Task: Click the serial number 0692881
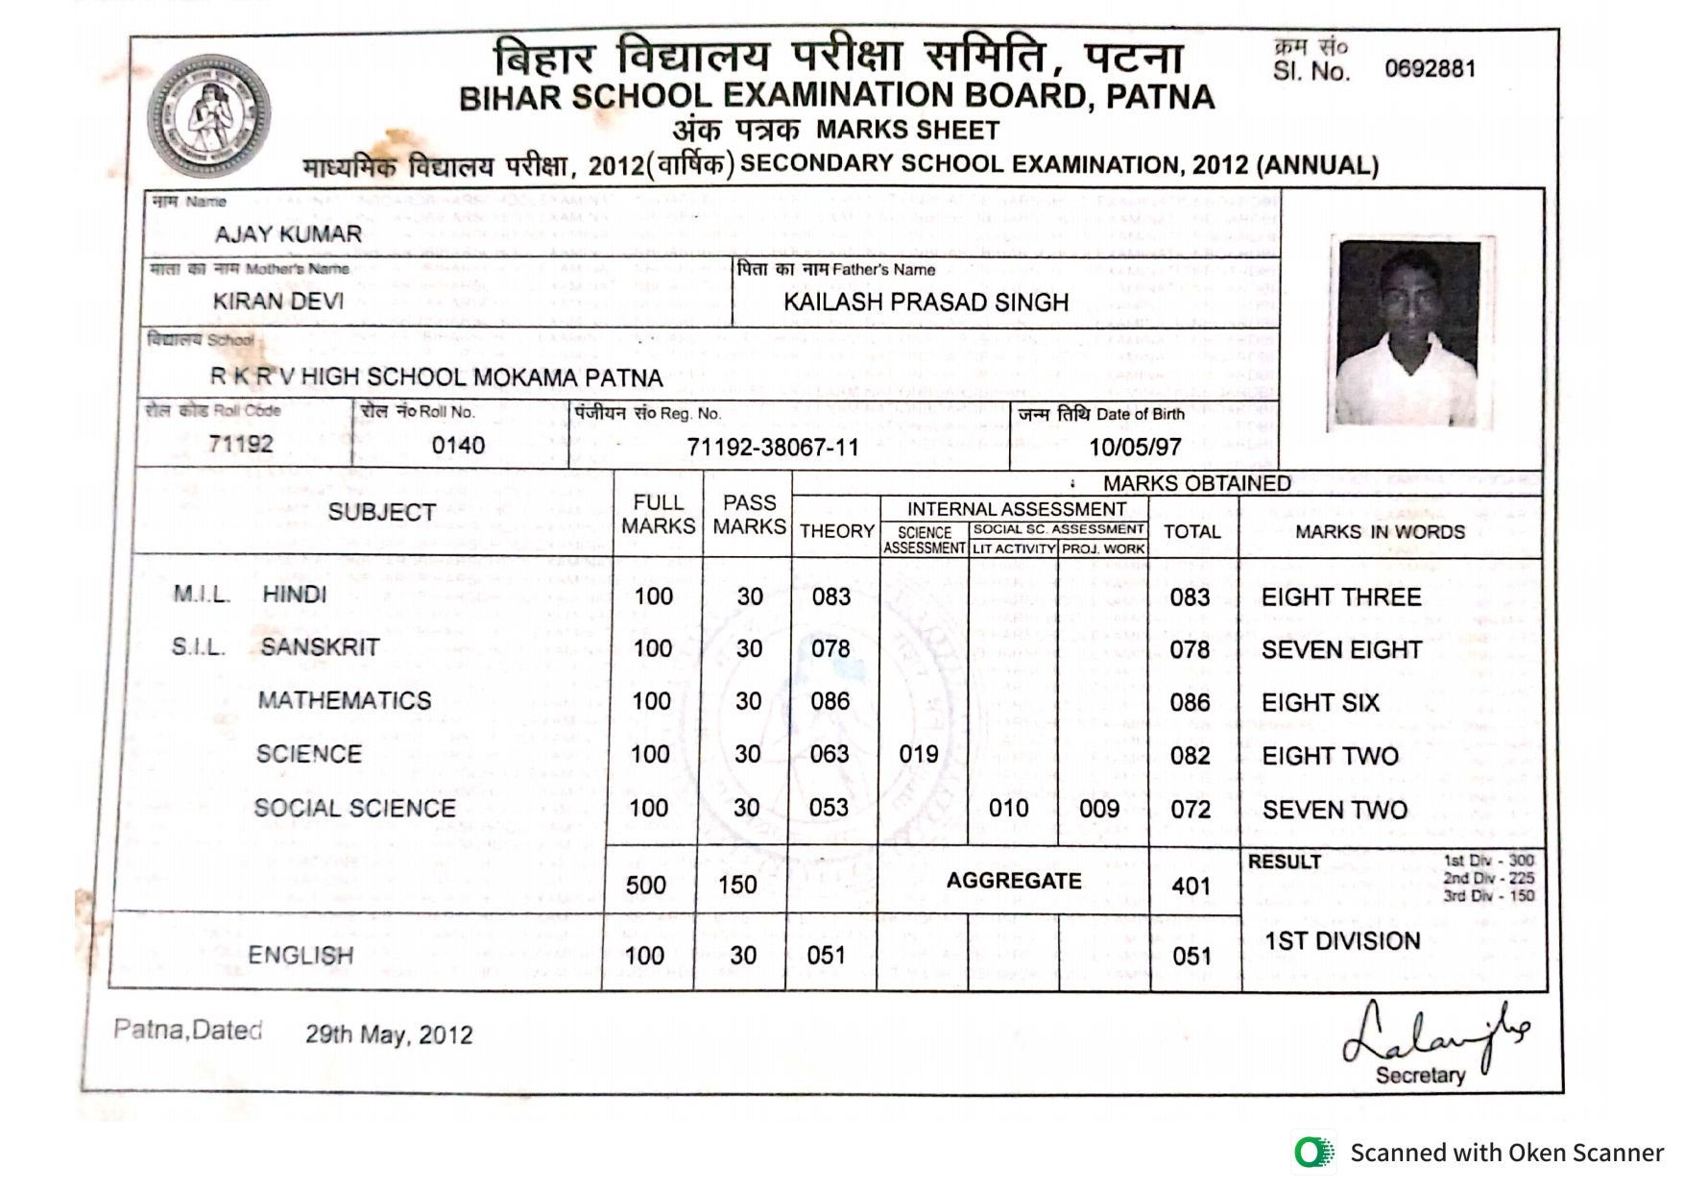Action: click(1429, 69)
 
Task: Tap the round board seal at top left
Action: click(208, 116)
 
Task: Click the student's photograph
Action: click(1408, 333)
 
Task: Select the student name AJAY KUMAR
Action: click(288, 234)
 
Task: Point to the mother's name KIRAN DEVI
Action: click(278, 302)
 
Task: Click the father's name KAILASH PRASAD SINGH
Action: click(926, 303)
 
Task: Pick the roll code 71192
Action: click(241, 444)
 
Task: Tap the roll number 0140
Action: click(458, 446)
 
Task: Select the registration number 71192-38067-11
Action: click(773, 448)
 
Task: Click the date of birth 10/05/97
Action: click(1135, 448)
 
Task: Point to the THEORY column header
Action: click(836, 531)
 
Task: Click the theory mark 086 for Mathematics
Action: click(830, 701)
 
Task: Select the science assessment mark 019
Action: click(919, 755)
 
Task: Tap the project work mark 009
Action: click(1099, 809)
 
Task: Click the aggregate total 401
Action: click(1191, 886)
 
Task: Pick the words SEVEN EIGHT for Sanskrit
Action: click(1341, 650)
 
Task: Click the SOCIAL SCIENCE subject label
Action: click(354, 809)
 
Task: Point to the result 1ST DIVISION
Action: click(1341, 941)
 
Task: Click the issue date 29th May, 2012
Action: click(389, 1034)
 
